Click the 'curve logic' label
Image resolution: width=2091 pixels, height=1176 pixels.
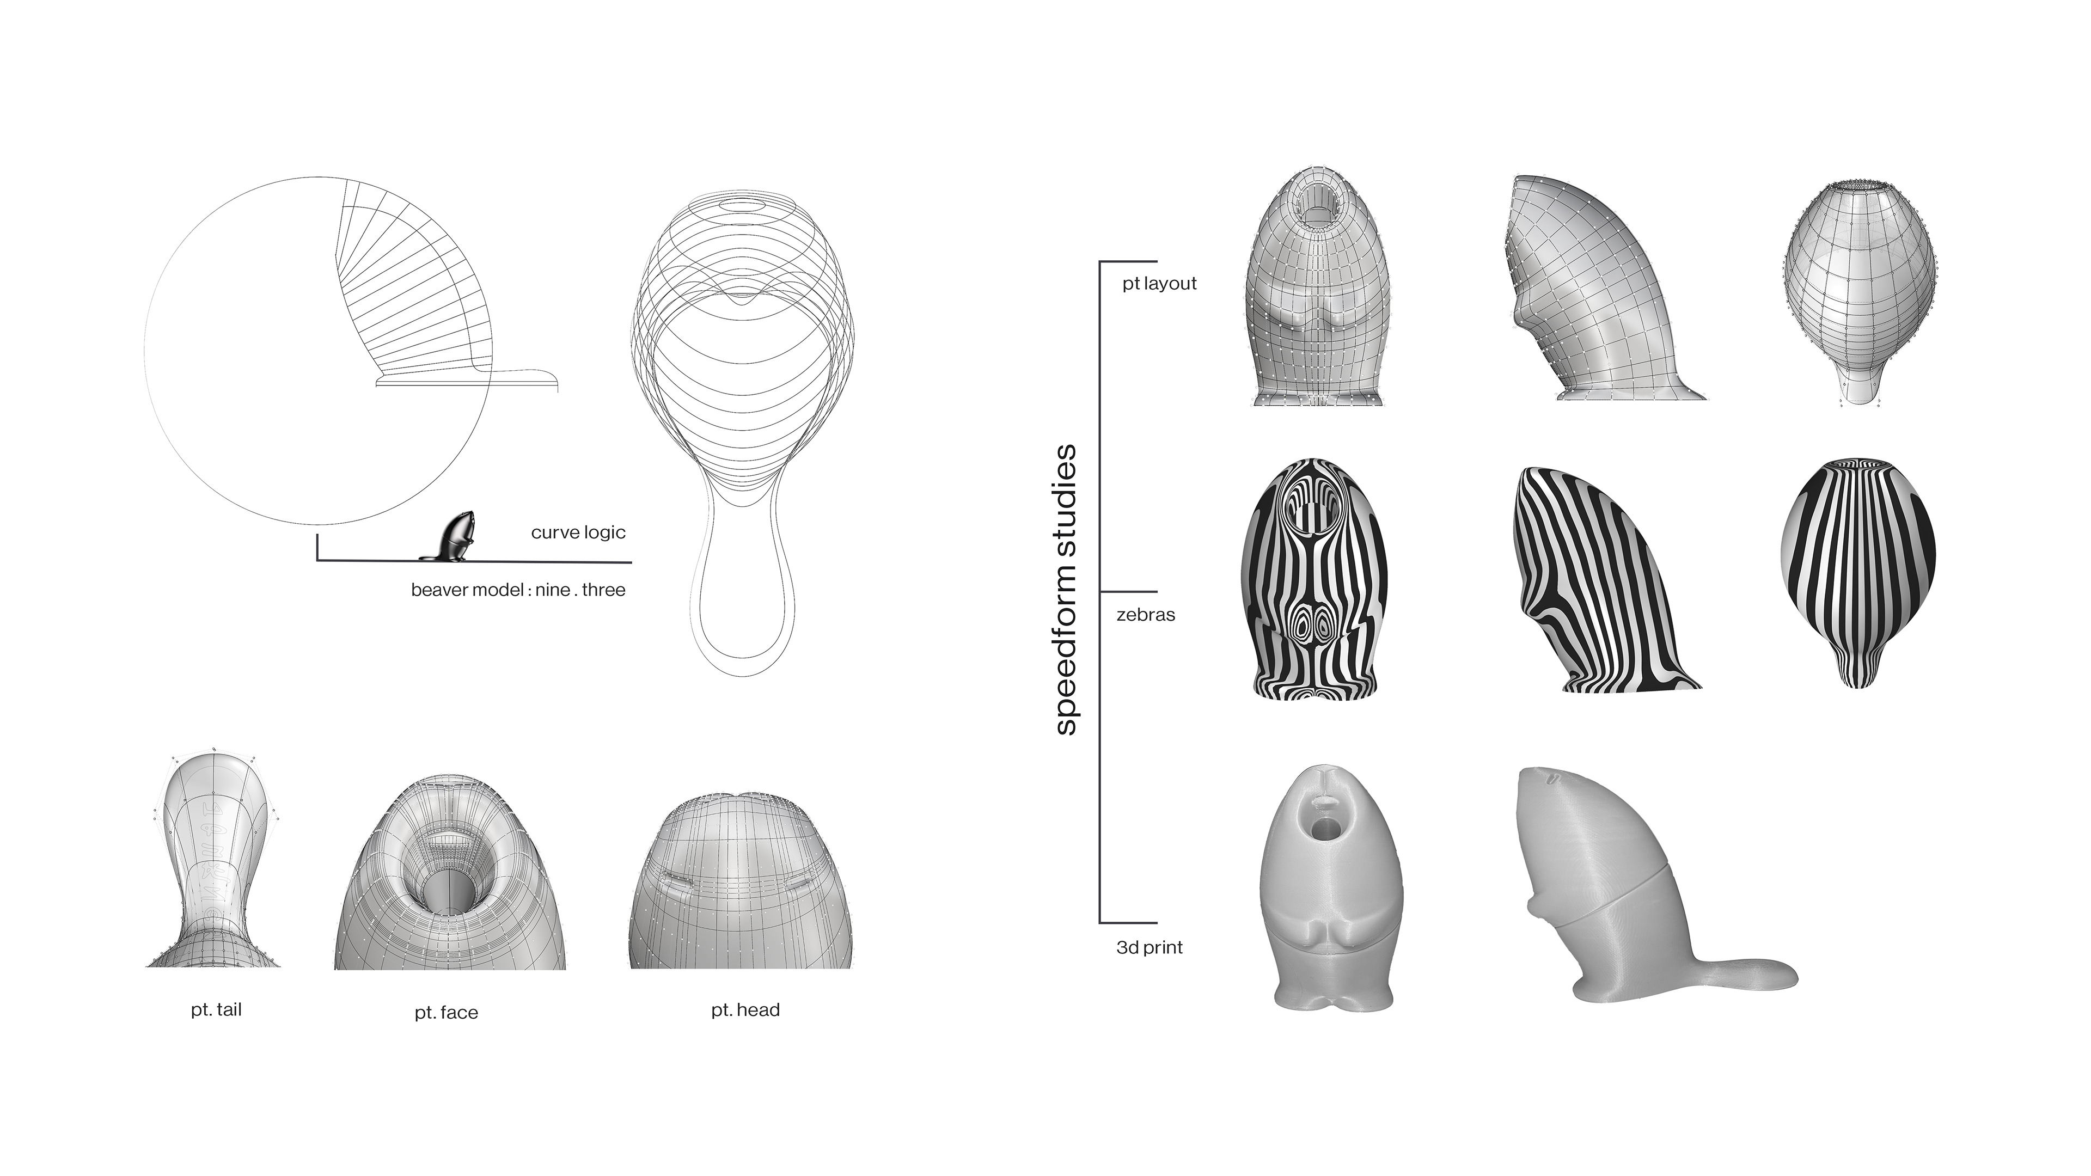pos(578,532)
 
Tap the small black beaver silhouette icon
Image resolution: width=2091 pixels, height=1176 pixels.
pos(449,537)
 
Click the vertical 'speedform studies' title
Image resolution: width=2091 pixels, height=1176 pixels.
pos(1066,590)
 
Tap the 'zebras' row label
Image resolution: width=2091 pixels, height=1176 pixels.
pos(1145,614)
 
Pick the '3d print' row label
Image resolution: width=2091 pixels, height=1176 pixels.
pos(1150,947)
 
